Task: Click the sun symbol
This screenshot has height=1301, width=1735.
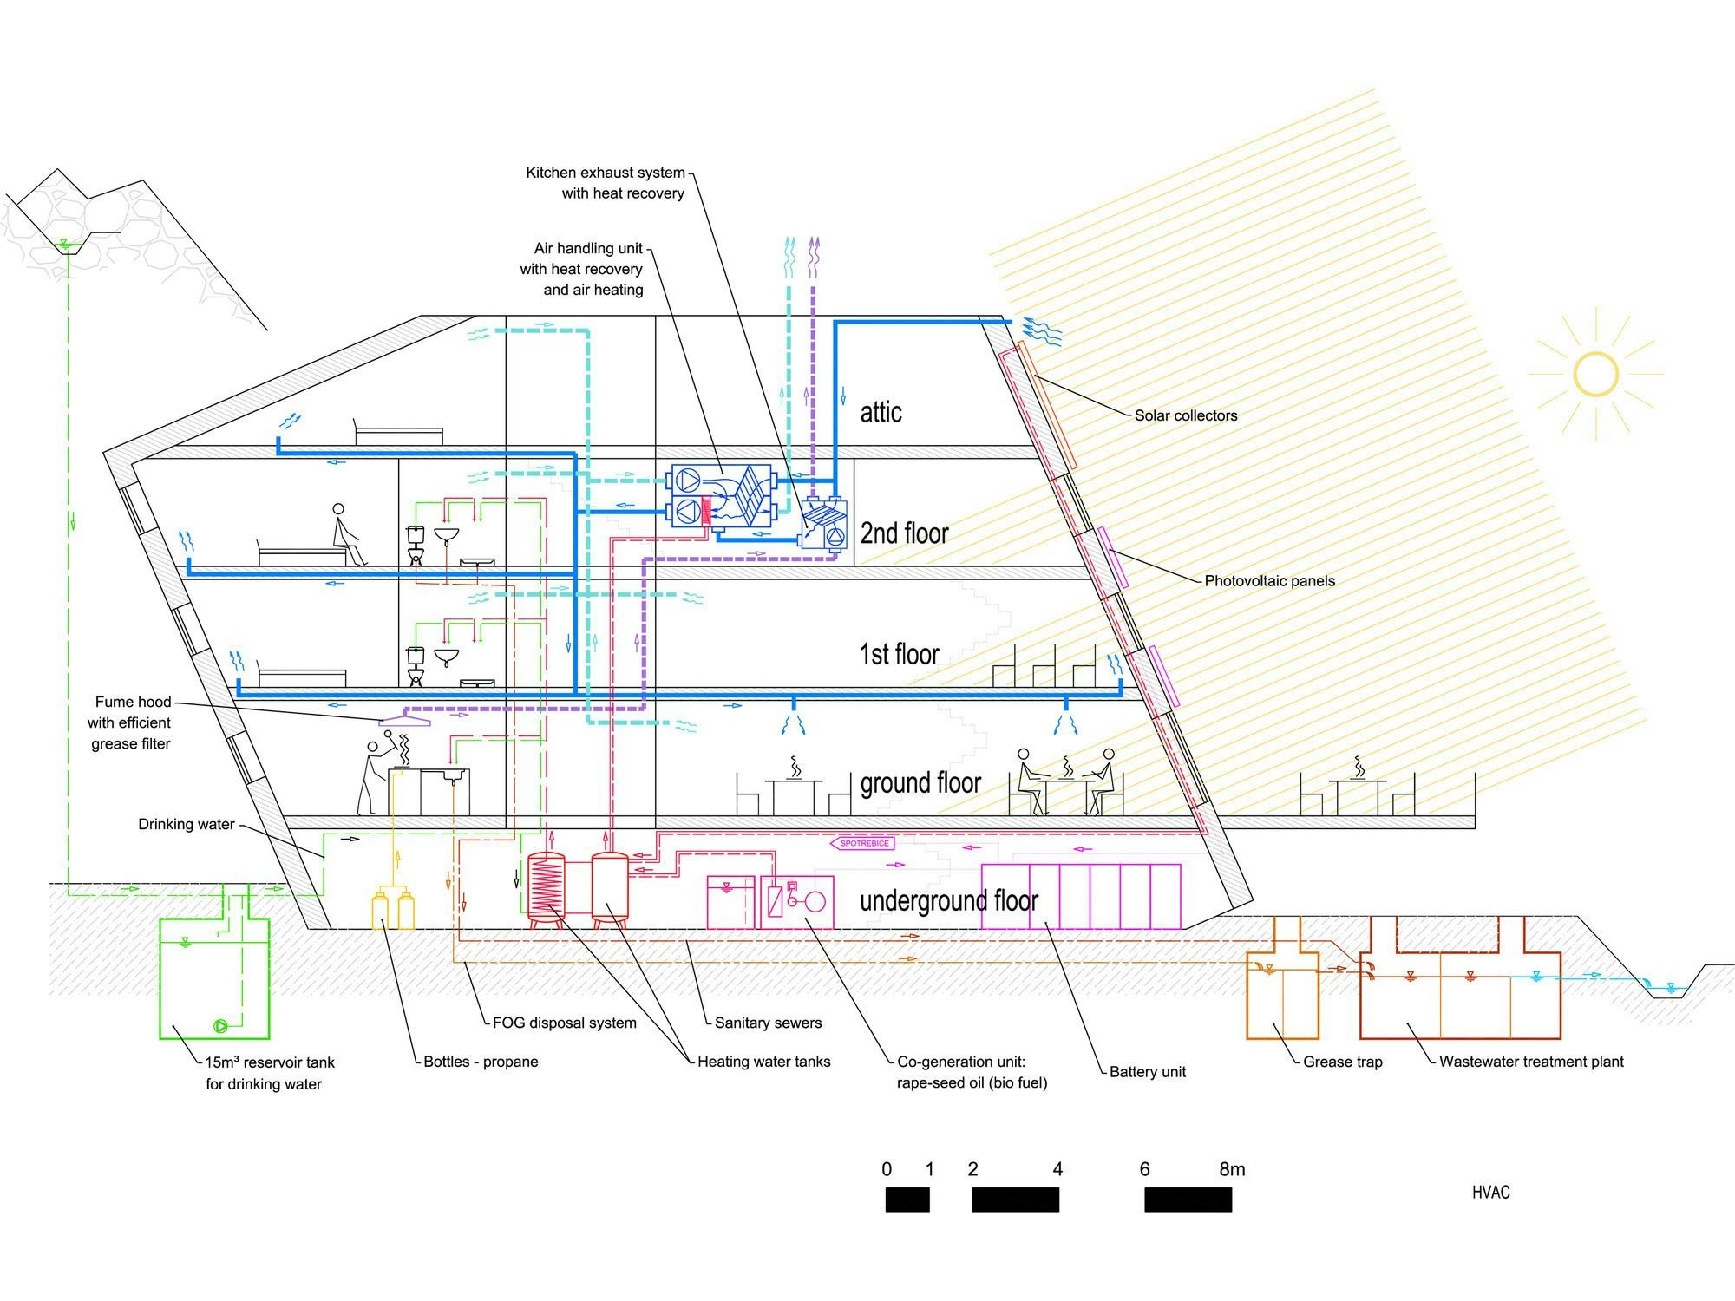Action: click(1595, 375)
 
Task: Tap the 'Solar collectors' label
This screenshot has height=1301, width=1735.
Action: click(1186, 415)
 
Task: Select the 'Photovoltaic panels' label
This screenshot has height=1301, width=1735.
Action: click(1269, 581)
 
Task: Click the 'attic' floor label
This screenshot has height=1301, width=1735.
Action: click(881, 412)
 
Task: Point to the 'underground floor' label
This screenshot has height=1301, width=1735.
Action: click(948, 901)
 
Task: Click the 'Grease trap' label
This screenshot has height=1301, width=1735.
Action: click(1342, 1062)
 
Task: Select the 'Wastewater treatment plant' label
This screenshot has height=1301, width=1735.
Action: click(1531, 1062)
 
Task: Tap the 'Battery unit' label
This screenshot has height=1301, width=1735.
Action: click(1147, 1072)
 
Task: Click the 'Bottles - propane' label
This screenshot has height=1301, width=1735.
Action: click(481, 1062)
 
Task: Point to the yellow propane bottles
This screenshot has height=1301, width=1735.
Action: click(393, 908)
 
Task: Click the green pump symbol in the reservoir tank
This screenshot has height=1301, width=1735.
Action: click(220, 1026)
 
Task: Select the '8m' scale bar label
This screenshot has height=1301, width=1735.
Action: click(1232, 1169)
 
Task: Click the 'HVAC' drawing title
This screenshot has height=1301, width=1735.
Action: click(1490, 1193)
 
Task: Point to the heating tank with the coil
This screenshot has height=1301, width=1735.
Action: click(546, 889)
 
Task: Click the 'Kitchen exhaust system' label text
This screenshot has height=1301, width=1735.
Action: click(605, 173)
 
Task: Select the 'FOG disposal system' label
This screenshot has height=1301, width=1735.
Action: click(564, 1023)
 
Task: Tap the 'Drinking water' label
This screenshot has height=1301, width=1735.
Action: click(187, 824)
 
